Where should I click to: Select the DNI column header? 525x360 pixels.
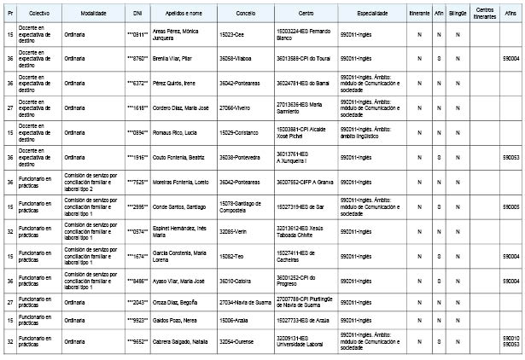[137, 15]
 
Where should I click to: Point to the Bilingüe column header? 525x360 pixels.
[458, 15]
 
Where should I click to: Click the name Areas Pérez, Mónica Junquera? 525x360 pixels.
[178, 34]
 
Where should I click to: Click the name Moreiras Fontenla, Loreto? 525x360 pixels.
[182, 183]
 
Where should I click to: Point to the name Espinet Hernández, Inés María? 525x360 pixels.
[180, 231]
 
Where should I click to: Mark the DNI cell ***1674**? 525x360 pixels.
[137, 256]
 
